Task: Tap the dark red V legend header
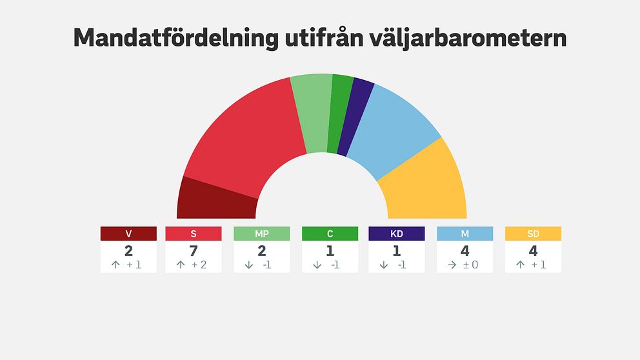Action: coord(128,234)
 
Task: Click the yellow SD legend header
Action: coord(533,234)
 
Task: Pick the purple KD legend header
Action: coord(396,234)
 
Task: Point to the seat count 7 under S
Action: coord(194,251)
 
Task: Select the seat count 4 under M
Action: coord(465,251)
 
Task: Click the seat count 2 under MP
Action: coord(261,251)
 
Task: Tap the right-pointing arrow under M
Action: coord(452,265)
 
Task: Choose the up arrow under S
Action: coord(181,265)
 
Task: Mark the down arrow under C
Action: coord(317,265)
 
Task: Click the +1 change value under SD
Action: coord(539,265)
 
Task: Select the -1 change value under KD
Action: coord(403,265)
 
